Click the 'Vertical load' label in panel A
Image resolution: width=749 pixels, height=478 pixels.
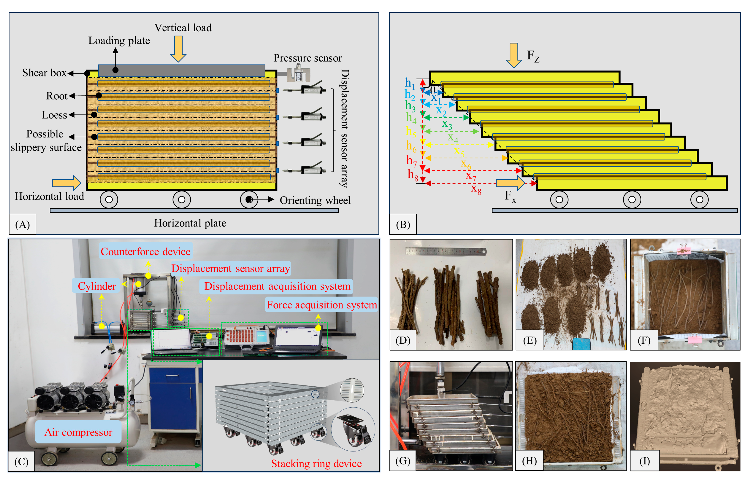pos(183,28)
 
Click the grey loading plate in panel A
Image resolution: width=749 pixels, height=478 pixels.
pos(182,71)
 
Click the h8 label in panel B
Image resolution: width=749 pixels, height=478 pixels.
pos(413,175)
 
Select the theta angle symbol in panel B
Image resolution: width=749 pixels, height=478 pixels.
pos(433,91)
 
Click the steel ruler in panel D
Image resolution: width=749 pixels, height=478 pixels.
pos(446,251)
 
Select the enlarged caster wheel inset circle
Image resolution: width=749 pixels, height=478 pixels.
pos(353,429)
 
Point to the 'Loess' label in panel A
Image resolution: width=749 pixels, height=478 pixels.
pos(54,115)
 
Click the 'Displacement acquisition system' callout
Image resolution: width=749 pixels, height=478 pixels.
pos(277,286)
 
